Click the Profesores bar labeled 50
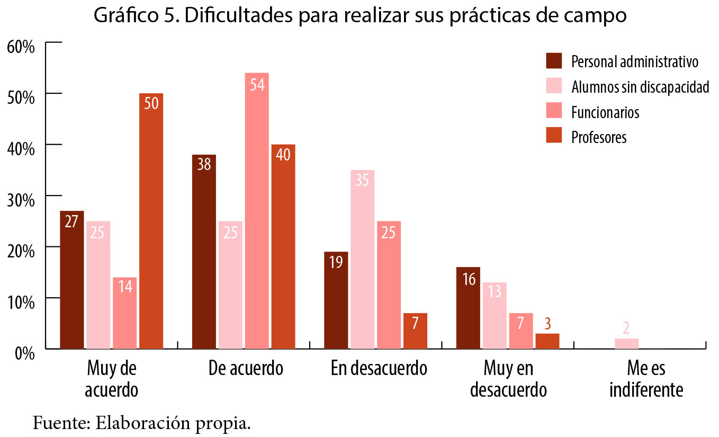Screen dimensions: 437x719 (x=151, y=221)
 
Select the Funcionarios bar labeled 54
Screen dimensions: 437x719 (x=257, y=211)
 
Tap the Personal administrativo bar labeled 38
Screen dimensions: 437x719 (x=204, y=252)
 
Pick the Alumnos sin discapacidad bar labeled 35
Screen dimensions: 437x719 (x=362, y=260)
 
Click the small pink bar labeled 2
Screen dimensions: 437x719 (x=626, y=343)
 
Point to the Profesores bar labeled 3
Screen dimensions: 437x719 (x=547, y=341)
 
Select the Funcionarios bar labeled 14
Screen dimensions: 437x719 (x=124, y=313)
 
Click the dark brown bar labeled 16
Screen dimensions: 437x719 (x=468, y=308)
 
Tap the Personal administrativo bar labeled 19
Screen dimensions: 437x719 (x=336, y=300)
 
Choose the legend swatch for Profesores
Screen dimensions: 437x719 (x=554, y=136)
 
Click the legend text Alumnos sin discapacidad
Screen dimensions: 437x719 (x=640, y=87)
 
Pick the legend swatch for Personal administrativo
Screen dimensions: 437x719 (x=554, y=61)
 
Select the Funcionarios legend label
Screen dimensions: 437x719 (x=605, y=112)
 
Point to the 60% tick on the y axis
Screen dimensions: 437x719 (x=21, y=46)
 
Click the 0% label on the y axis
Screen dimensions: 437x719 (x=24, y=353)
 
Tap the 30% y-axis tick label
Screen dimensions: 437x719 (x=21, y=200)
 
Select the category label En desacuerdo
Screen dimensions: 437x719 (x=379, y=368)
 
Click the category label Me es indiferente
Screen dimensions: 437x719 (x=646, y=379)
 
